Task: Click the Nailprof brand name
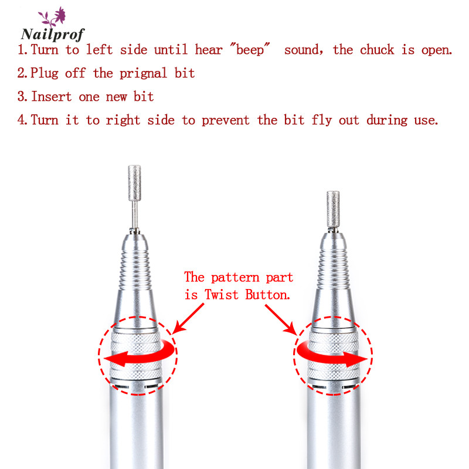[53, 34]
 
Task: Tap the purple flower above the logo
[60, 15]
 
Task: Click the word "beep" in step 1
[250, 49]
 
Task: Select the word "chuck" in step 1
[377, 49]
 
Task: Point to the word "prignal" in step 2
[143, 73]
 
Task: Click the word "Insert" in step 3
[52, 96]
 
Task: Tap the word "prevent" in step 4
[226, 120]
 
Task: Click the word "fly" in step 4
[322, 120]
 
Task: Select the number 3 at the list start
[22, 96]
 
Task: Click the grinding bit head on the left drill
[134, 183]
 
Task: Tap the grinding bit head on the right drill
[333, 209]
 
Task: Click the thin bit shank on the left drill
[135, 215]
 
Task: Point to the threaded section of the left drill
[135, 270]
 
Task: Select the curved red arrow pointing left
[141, 355]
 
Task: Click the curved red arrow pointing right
[329, 356]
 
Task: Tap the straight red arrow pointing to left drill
[188, 318]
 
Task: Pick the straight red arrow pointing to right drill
[281, 320]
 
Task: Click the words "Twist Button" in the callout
[247, 295]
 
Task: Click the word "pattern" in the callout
[235, 277]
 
